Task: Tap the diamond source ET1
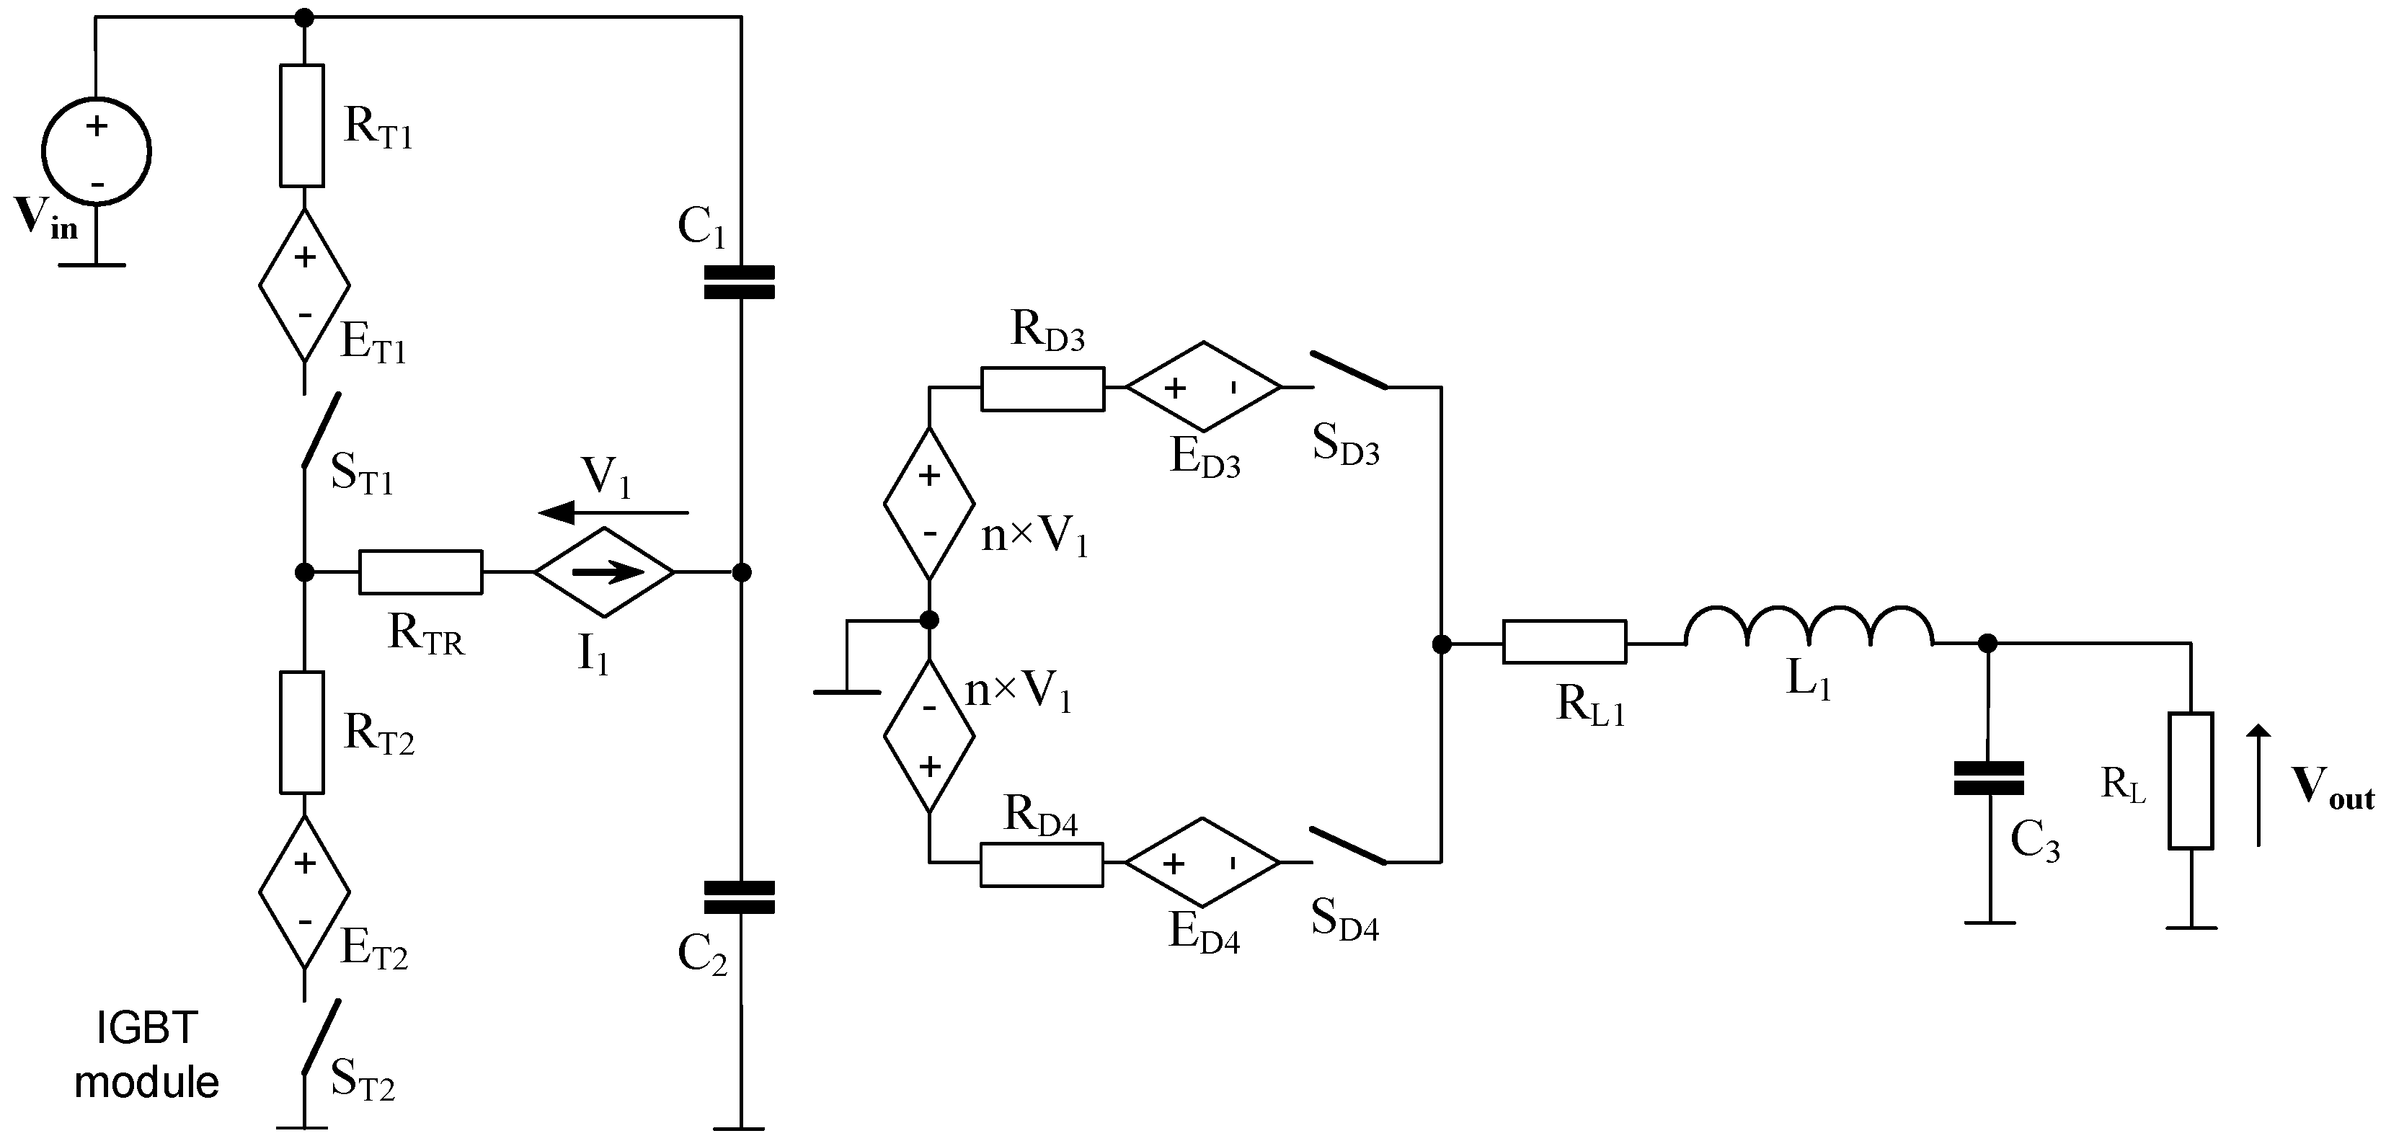pos(303,284)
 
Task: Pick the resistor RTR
pos(420,572)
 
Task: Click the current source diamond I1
pos(605,572)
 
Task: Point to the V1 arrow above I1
pos(614,511)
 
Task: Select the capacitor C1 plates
pos(739,283)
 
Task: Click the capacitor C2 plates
pos(739,897)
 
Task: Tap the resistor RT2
pos(302,732)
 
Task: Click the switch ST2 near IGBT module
pos(321,1037)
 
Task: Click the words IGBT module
pos(146,1055)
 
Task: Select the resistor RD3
pos(1042,388)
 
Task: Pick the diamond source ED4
pos(1202,862)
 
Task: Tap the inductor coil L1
pos(1808,627)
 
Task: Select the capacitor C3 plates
pos(1987,778)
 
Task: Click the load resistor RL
pos(2191,780)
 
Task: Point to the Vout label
pos(2331,789)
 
